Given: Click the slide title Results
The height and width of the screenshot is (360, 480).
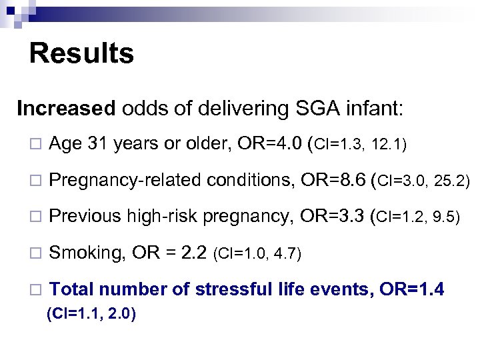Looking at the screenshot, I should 81,54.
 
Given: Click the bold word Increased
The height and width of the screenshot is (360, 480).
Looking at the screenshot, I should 57,108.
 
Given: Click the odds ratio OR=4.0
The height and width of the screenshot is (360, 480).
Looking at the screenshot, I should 268,143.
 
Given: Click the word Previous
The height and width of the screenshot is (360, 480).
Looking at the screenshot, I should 85,217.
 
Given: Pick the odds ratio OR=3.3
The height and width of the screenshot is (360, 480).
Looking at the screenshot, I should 331,217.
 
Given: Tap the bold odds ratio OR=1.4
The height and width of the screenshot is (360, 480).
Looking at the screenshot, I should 413,289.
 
